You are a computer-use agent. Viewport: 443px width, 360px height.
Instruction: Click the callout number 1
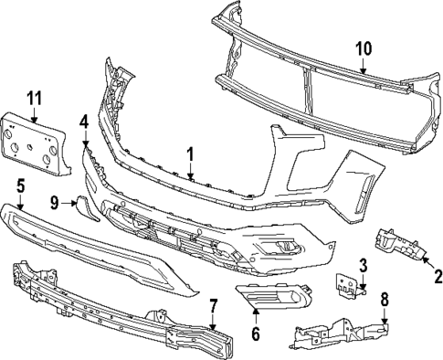coord(190,155)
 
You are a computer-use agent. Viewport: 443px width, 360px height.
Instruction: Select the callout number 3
coord(363,266)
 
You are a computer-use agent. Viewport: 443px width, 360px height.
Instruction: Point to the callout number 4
coord(83,121)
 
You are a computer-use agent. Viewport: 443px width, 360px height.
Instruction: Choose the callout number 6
coord(255,334)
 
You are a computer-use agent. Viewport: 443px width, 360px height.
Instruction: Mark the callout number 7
coord(212,306)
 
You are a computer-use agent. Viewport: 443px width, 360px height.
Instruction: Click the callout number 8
coord(384,298)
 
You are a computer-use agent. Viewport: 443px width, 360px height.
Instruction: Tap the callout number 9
coord(54,201)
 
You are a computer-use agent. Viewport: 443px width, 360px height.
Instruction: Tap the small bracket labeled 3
coord(346,284)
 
